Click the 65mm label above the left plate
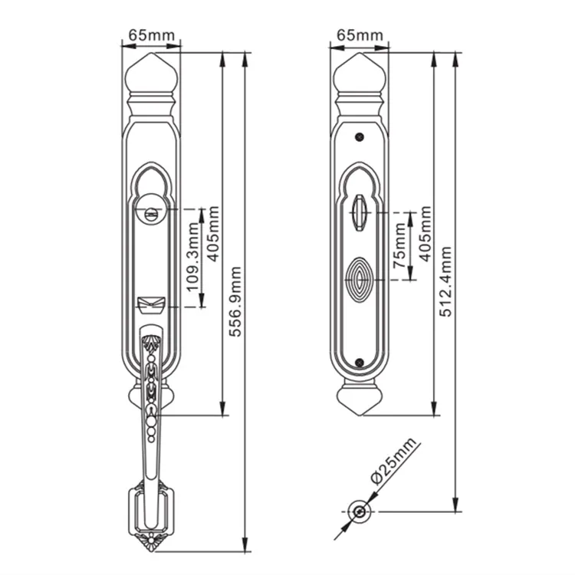coord(151,35)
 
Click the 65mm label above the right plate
coord(360,35)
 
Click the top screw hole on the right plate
coord(360,137)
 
